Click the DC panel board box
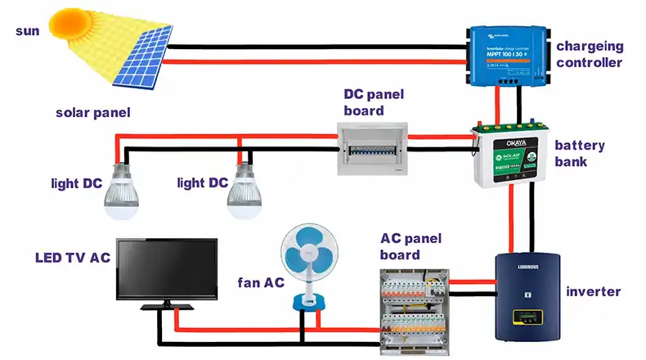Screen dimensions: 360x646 (373, 148)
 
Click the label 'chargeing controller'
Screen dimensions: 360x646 (590, 54)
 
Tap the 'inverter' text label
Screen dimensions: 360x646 (593, 291)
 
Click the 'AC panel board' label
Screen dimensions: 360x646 (410, 246)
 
